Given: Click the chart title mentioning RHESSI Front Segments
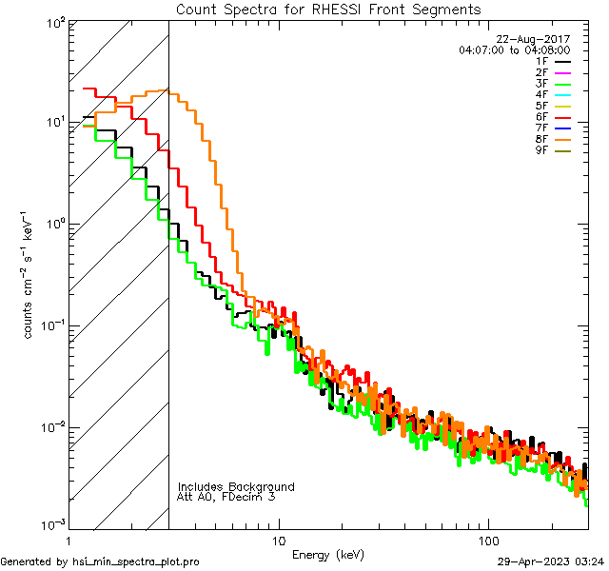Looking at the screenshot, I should pyautogui.click(x=328, y=10).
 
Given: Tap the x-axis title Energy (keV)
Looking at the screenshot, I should pyautogui.click(x=327, y=555).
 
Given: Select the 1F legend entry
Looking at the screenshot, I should pyautogui.click(x=541, y=61).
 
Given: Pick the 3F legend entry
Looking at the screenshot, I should pyautogui.click(x=541, y=84).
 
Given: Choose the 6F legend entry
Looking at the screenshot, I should pyautogui.click(x=541, y=117).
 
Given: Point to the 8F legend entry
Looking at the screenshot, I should pyautogui.click(x=541, y=139).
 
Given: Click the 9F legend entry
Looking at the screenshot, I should pyautogui.click(x=541, y=150).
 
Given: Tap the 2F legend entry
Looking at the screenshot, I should pyautogui.click(x=541, y=72).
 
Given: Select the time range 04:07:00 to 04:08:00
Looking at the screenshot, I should pyautogui.click(x=514, y=49).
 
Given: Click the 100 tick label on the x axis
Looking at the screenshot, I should pyautogui.click(x=487, y=540).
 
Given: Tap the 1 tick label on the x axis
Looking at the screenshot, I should pyautogui.click(x=70, y=540).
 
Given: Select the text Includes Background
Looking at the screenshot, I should pyautogui.click(x=236, y=486).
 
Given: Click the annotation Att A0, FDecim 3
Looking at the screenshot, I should pyautogui.click(x=226, y=497).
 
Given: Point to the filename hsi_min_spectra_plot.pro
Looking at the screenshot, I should pyautogui.click(x=136, y=561).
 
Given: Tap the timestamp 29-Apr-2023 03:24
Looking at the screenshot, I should pyautogui.click(x=550, y=561).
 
